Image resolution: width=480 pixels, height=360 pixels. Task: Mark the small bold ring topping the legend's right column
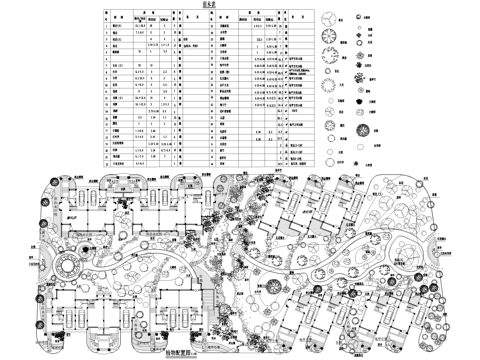359,17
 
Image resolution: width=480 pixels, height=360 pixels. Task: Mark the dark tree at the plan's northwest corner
46,180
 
